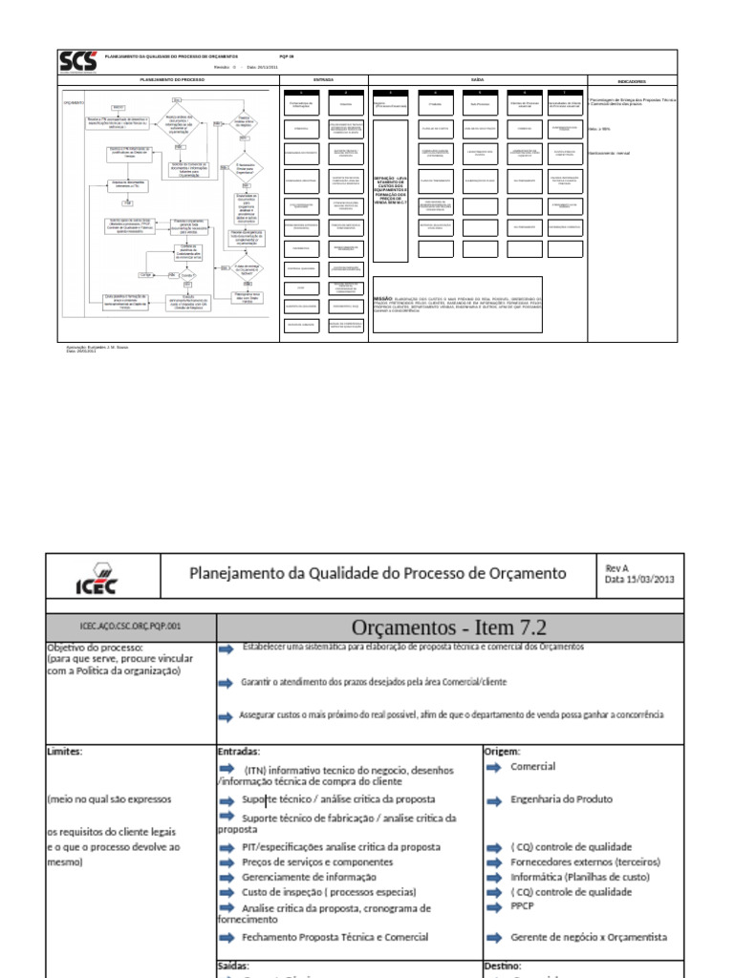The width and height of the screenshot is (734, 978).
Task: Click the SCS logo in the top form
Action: pos(78,62)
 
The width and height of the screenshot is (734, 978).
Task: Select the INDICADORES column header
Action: pos(632,81)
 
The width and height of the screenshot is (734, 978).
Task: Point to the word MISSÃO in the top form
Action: pos(383,299)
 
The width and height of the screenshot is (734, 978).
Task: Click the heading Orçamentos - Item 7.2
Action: pos(449,627)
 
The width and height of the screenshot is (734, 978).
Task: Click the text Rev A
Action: pos(617,568)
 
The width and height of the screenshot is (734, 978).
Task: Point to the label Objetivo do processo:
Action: pos(94,647)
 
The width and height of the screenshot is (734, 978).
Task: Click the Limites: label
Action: pos(65,751)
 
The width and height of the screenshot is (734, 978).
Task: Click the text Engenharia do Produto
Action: pos(562,798)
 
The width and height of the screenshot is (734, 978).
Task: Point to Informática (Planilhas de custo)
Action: pos(580,877)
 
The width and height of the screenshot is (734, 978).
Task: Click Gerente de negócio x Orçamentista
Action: pos(589,937)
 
